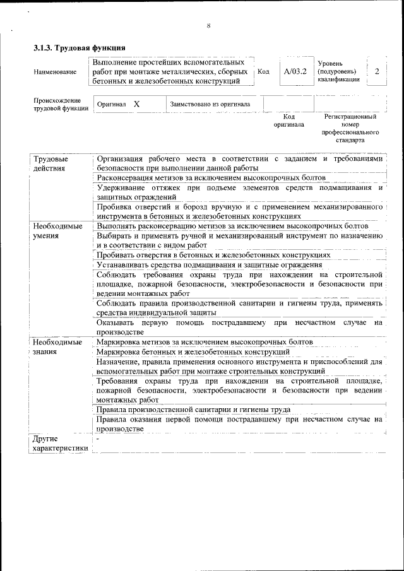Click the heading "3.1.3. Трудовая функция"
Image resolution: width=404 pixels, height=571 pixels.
pyautogui.click(x=80, y=48)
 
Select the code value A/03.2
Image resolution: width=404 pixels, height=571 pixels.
pyautogui.click(x=295, y=72)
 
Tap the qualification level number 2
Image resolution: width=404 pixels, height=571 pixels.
pyautogui.click(x=377, y=72)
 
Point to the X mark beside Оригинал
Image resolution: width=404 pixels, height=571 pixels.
pyautogui.click(x=137, y=103)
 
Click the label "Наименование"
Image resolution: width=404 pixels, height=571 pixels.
pyautogui.click(x=56, y=73)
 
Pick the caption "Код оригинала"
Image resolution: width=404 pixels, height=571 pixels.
pyautogui.click(x=288, y=121)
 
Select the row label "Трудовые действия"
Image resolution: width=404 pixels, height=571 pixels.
pyautogui.click(x=50, y=163)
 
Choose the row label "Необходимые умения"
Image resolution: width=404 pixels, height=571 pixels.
pyautogui.click(x=57, y=230)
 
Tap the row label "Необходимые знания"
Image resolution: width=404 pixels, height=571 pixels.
pyautogui.click(x=57, y=346)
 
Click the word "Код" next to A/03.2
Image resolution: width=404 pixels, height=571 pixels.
pyautogui.click(x=264, y=72)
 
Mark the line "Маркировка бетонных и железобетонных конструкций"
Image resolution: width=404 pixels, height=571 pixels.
pyautogui.click(x=193, y=351)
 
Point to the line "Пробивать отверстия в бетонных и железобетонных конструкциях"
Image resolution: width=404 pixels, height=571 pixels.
pyautogui.click(x=213, y=255)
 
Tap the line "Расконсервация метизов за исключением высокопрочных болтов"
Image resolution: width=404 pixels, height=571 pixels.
pyautogui.click(x=211, y=178)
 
